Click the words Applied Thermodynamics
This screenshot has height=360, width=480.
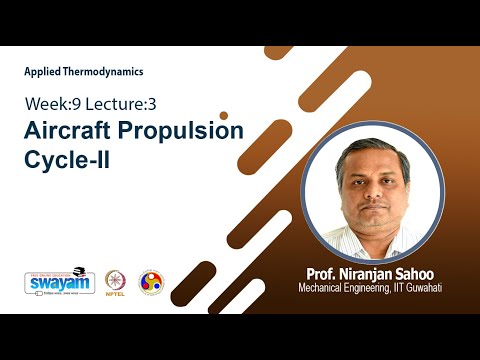(x=84, y=71)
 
